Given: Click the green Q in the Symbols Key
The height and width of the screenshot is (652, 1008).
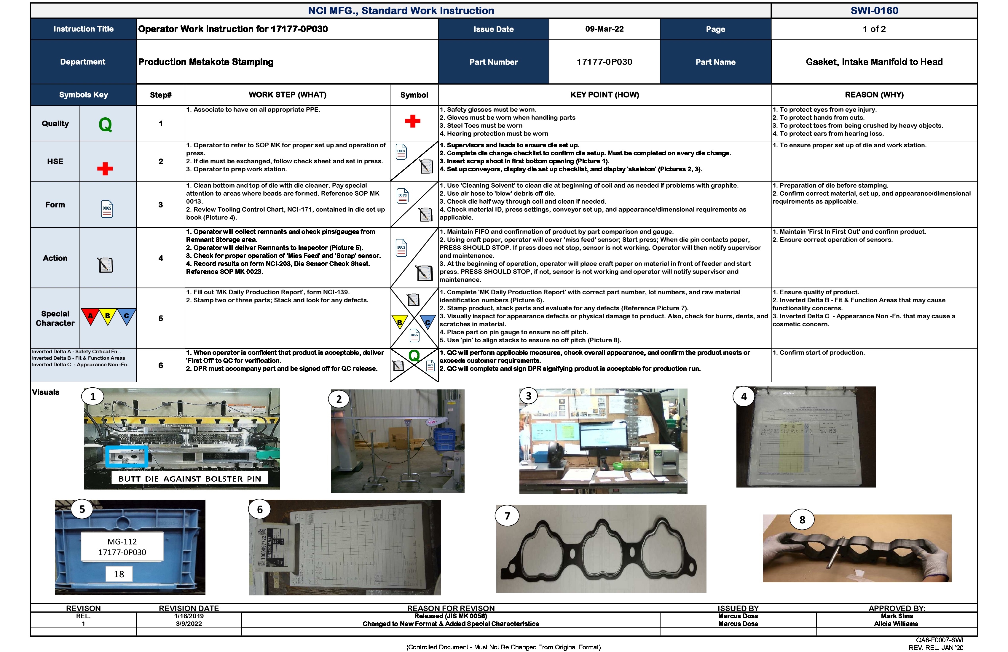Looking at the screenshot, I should (x=105, y=124).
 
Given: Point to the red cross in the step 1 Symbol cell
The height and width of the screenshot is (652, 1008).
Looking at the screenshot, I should (x=412, y=122).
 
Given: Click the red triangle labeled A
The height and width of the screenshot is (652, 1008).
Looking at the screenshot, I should (x=90, y=316).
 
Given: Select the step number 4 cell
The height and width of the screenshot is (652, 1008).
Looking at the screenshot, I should (x=160, y=258).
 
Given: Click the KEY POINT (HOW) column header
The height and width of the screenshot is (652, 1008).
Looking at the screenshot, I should (x=605, y=95).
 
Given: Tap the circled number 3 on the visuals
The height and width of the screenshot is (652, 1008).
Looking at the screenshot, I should (x=529, y=396).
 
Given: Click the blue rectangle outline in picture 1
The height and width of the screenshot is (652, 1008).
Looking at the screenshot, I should (x=126, y=456).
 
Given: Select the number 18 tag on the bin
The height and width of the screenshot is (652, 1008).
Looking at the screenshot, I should (x=119, y=574).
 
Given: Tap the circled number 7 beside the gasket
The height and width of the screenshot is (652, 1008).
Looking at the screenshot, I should (x=507, y=516).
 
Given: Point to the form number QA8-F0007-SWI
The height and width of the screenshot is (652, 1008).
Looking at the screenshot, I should (x=940, y=640).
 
